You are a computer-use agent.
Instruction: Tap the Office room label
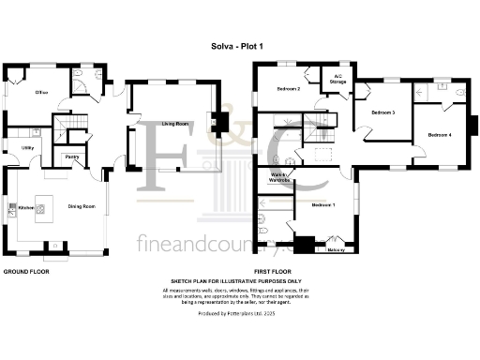click(42, 93)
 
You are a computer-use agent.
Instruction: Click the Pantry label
click(71, 157)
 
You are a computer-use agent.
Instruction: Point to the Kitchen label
click(25, 207)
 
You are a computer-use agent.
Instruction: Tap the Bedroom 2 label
click(288, 89)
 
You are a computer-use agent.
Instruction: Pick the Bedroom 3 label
click(382, 112)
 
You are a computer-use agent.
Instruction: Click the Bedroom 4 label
click(440, 135)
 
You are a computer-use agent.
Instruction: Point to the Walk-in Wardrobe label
click(280, 178)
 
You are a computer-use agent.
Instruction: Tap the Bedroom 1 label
click(323, 204)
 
